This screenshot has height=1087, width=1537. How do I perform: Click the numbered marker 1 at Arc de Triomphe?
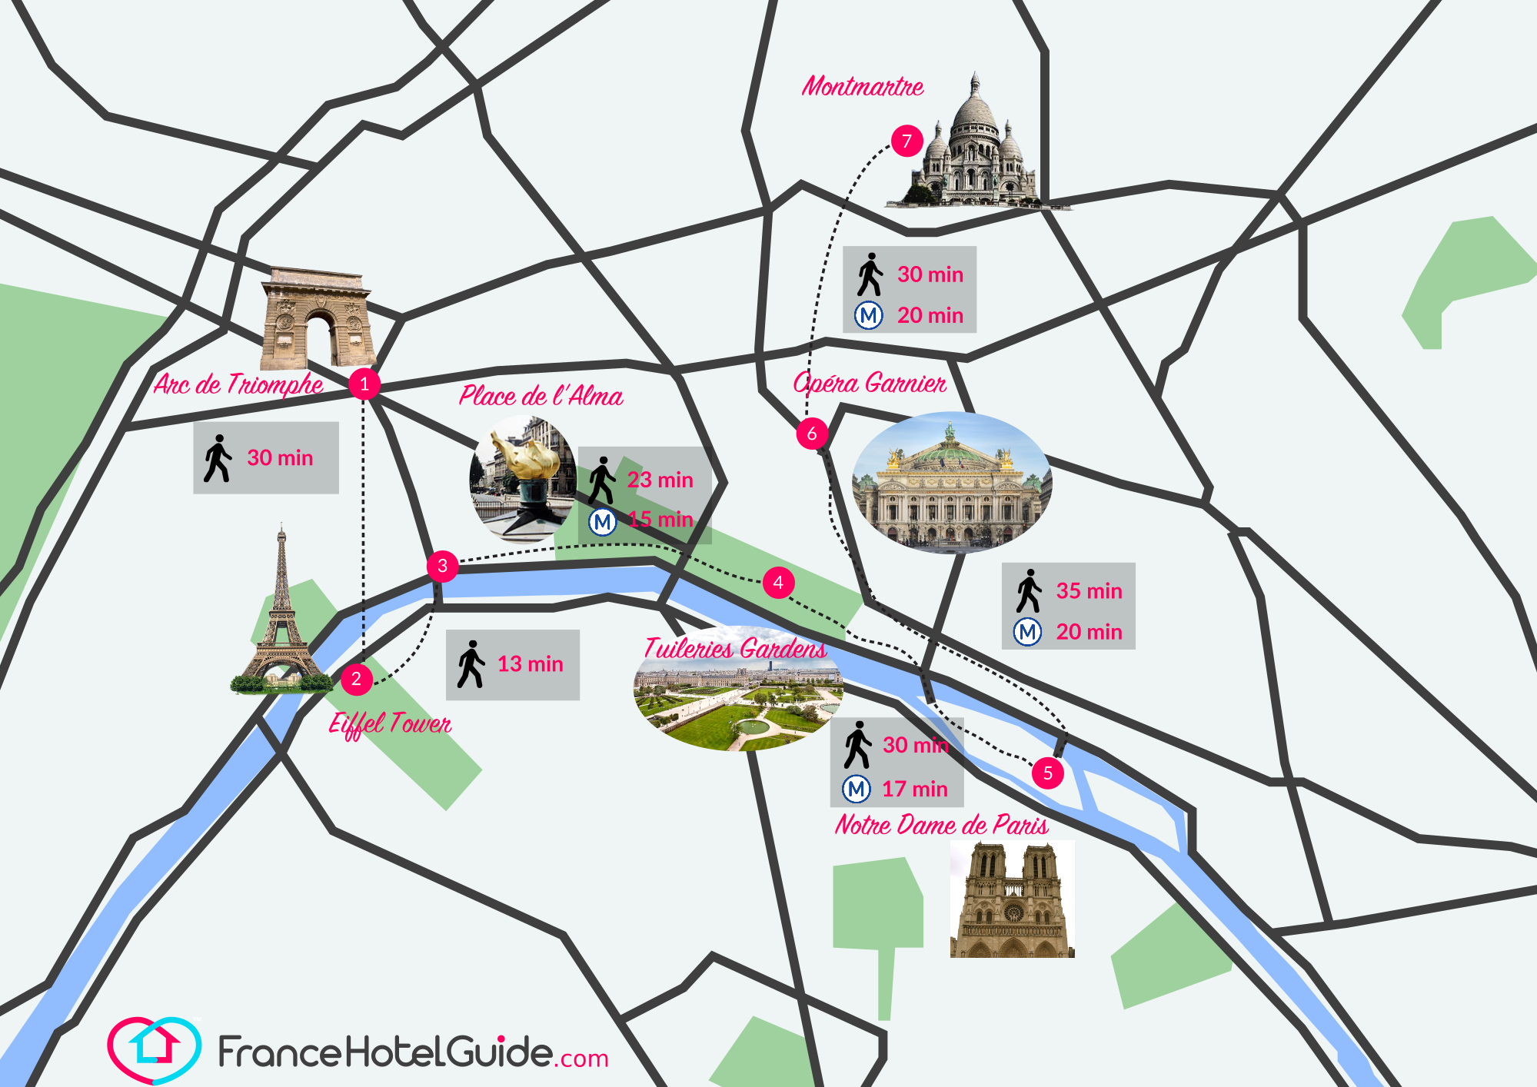364,383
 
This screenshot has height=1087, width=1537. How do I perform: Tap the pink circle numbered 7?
907,141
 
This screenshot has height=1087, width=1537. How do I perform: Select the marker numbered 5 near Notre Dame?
1047,773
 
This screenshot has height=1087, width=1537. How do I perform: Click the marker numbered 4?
778,583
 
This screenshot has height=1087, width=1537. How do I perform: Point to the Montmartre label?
863,86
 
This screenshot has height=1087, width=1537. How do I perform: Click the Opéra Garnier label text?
870,383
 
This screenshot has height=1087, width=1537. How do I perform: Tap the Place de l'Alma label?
541,396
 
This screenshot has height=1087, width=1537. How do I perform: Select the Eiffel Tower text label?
390,723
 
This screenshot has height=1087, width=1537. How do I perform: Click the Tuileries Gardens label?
735,649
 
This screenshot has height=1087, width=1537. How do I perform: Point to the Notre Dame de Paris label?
941,825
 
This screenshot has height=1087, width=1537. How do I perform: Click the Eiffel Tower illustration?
281,615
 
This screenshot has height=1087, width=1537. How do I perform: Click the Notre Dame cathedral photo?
1012,899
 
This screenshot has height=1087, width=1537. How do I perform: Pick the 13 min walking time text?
530,664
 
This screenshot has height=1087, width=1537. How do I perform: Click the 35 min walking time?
1089,591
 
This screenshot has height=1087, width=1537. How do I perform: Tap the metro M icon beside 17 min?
857,789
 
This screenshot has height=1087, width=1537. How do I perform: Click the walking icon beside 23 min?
602,480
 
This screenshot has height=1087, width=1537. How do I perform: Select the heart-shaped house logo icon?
155,1049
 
